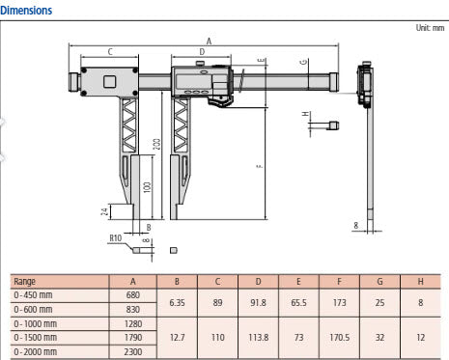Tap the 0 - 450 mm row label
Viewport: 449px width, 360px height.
coord(35,294)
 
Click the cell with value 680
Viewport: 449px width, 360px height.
coord(134,294)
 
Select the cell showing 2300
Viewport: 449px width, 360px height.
coord(134,352)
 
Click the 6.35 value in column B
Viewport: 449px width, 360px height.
coord(177,301)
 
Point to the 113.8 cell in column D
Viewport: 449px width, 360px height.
coord(259,338)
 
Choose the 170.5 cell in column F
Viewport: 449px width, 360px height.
coord(338,338)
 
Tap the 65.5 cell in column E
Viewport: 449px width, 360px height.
coord(298,301)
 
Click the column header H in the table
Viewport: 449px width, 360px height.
coord(420,282)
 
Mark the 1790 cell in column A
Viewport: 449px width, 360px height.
coord(134,338)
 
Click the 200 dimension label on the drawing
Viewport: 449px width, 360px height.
coord(155,146)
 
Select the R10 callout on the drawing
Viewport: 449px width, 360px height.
coord(116,235)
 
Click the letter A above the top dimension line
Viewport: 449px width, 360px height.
coord(210,41)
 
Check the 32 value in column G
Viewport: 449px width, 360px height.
coord(379,338)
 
